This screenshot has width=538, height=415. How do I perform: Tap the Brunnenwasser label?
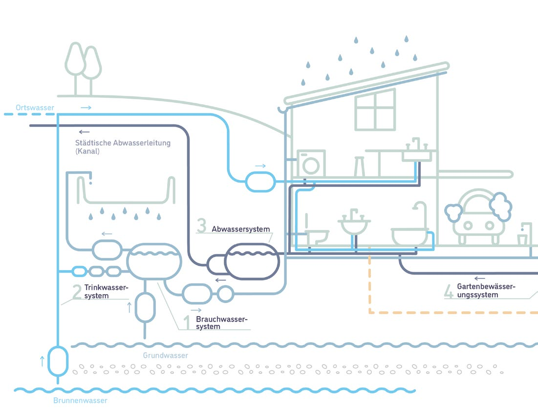80,400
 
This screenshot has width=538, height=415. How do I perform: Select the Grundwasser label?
165,355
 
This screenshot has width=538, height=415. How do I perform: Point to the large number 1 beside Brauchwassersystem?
186,323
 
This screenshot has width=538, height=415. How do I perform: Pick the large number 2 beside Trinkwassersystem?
77,292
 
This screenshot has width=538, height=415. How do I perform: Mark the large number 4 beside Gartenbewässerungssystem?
449,291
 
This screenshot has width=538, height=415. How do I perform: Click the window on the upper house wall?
375,110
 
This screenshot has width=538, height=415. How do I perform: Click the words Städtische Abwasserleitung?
123,143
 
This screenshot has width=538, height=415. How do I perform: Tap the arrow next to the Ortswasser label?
86,107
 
